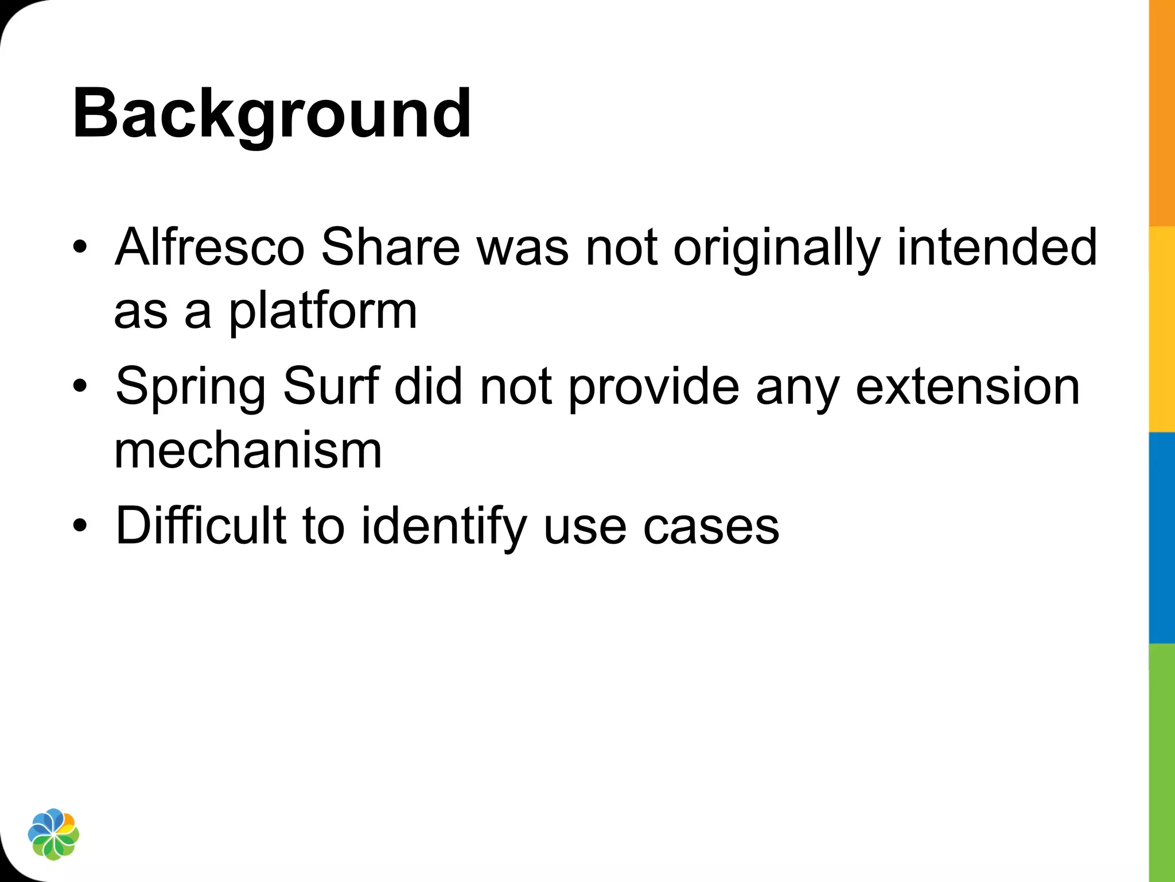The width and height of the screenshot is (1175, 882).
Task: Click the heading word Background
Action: click(272, 114)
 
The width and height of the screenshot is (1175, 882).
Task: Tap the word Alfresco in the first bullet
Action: click(209, 247)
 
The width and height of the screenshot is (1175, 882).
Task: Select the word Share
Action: click(390, 247)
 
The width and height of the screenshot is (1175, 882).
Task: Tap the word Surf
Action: click(331, 386)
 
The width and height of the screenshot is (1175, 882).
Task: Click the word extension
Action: click(968, 386)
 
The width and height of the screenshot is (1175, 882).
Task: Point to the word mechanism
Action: click(248, 451)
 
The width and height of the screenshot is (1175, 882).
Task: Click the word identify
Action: click(443, 527)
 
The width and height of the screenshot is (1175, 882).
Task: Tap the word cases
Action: click(711, 527)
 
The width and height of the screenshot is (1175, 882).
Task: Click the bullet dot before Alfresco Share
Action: click(80, 247)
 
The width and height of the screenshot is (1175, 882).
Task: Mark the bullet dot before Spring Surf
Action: click(80, 386)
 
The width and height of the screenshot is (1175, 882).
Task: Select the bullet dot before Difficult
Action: click(80, 525)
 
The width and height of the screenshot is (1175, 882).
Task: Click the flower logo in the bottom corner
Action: click(53, 834)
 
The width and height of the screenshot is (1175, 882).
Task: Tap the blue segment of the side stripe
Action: click(1162, 537)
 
